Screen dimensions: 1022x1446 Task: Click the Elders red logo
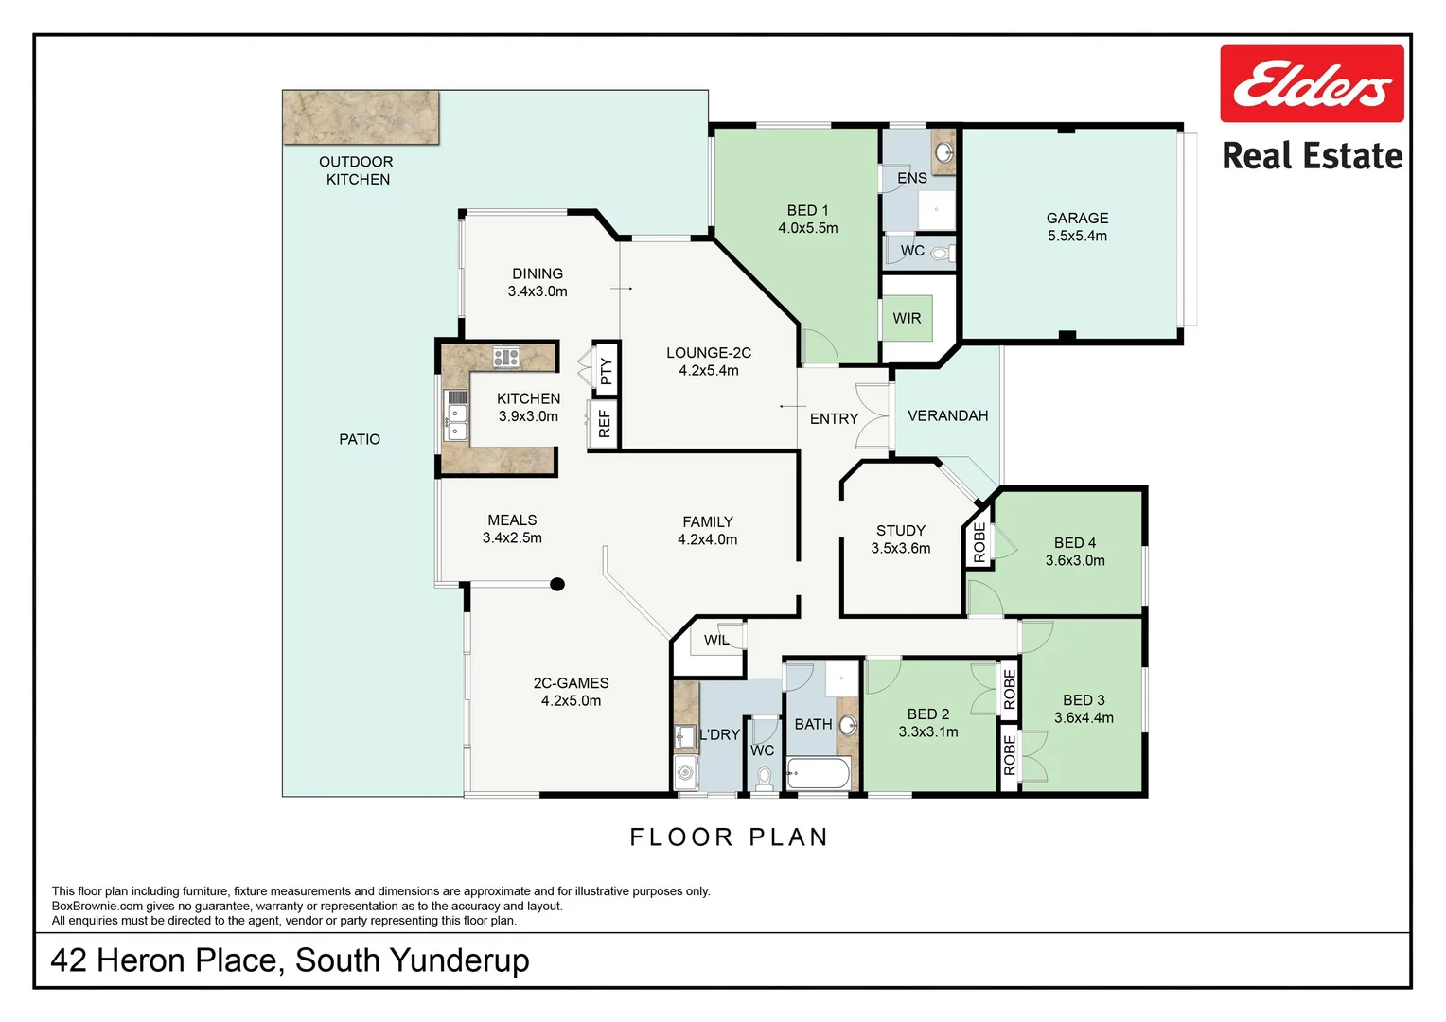pos(1311,83)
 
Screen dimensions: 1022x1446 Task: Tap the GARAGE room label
pos(1077,219)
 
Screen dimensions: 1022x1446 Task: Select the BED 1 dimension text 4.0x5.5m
pos(807,228)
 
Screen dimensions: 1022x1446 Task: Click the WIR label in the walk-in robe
pos(907,319)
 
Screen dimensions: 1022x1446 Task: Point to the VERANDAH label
pos(947,416)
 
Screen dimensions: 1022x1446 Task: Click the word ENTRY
pos(834,418)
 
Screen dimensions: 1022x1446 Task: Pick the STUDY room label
pos(900,531)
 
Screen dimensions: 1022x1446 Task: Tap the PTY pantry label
pos(606,371)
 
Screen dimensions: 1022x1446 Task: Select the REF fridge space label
pos(605,423)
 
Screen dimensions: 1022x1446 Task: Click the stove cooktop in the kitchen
pos(505,358)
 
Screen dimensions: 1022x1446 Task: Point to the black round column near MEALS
pos(557,585)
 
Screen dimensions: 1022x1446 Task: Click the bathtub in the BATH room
pos(818,774)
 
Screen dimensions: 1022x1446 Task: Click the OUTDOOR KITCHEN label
pos(357,170)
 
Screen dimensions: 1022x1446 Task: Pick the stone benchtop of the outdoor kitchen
pos(361,117)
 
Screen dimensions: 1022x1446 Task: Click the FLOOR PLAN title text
pos(729,837)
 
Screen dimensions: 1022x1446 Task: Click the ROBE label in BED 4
pos(979,543)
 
